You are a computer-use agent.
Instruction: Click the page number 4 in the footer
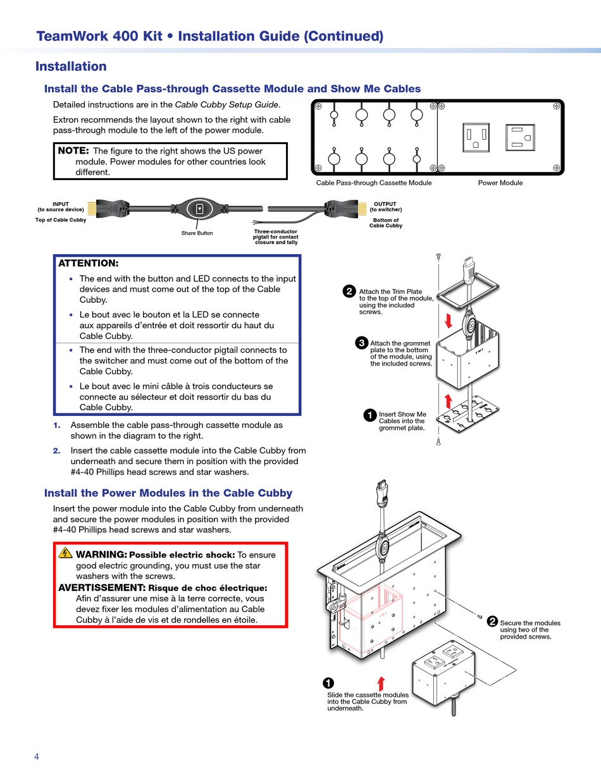coord(37,757)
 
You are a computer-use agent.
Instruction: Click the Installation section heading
coord(71,66)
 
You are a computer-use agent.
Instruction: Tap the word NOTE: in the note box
coord(73,151)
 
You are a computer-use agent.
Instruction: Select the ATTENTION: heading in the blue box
coord(88,263)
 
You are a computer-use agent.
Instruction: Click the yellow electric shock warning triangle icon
coord(66,553)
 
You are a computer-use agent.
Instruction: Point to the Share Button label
coord(197,233)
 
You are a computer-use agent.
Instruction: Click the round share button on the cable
coord(200,209)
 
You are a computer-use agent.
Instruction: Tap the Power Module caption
coord(500,183)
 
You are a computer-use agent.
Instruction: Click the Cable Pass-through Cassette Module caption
coord(374,183)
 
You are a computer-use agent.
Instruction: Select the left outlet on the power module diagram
coord(476,137)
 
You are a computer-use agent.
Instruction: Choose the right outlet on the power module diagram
coord(519,137)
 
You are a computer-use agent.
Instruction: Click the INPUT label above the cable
coord(61,204)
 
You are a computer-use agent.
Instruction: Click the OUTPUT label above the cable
coord(385,204)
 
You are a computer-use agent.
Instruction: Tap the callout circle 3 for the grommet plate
coord(361,343)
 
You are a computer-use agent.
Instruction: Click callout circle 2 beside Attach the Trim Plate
coord(349,291)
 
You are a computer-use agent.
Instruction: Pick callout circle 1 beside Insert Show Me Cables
coord(370,415)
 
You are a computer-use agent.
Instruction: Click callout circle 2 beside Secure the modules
coord(492,622)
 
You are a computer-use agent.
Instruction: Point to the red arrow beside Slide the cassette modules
coord(381,683)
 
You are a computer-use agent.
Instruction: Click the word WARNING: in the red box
coord(101,554)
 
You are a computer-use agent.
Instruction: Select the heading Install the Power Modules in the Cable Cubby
coord(168,493)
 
